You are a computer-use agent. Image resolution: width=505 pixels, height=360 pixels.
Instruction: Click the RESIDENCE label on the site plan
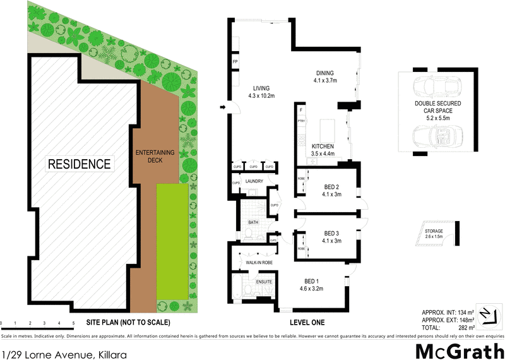tap(80, 164)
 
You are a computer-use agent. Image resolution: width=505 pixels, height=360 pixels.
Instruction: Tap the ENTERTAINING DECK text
tap(155, 157)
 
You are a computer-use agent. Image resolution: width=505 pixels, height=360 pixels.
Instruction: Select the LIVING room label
tap(261, 92)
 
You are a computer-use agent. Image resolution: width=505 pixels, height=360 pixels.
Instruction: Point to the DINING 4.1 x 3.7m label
tap(325, 76)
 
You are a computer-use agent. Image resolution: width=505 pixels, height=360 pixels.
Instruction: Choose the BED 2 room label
tap(331, 190)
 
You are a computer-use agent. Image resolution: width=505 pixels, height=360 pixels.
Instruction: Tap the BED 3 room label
tap(331, 236)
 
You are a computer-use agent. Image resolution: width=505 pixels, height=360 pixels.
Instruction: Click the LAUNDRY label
tap(254, 182)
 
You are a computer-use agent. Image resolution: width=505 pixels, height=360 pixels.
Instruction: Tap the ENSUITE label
tap(263, 281)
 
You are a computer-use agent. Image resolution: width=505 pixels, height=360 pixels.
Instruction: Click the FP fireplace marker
tap(234, 63)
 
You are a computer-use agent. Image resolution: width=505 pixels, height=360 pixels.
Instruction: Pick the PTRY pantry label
tap(301, 120)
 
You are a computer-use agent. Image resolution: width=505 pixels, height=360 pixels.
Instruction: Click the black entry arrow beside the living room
tap(223, 108)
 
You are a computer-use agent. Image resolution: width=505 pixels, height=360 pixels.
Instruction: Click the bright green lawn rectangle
tap(172, 240)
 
